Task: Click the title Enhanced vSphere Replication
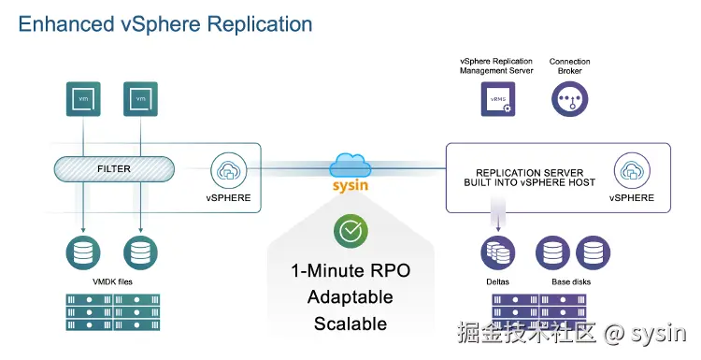(165, 22)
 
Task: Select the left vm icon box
(84, 99)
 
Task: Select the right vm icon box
(140, 99)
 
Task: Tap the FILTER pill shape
(114, 169)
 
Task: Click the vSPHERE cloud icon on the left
(228, 171)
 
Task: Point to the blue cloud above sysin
(350, 166)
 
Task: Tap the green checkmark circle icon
(350, 231)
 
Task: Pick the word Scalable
(350, 324)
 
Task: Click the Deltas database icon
(496, 252)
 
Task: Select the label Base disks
(570, 281)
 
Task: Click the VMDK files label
(112, 281)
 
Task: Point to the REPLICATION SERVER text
(529, 173)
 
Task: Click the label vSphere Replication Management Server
(496, 65)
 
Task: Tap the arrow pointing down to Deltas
(496, 220)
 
